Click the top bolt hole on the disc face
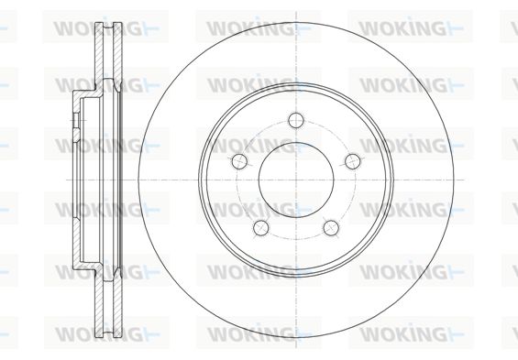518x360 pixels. (x=295, y=120)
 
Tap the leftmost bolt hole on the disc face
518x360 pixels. (x=240, y=161)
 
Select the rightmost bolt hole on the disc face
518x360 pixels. (x=353, y=161)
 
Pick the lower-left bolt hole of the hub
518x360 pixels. (x=261, y=228)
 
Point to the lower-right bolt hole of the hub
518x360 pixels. (x=331, y=228)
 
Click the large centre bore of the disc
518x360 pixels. (x=296, y=180)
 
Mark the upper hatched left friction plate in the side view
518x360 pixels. (x=99, y=54)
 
